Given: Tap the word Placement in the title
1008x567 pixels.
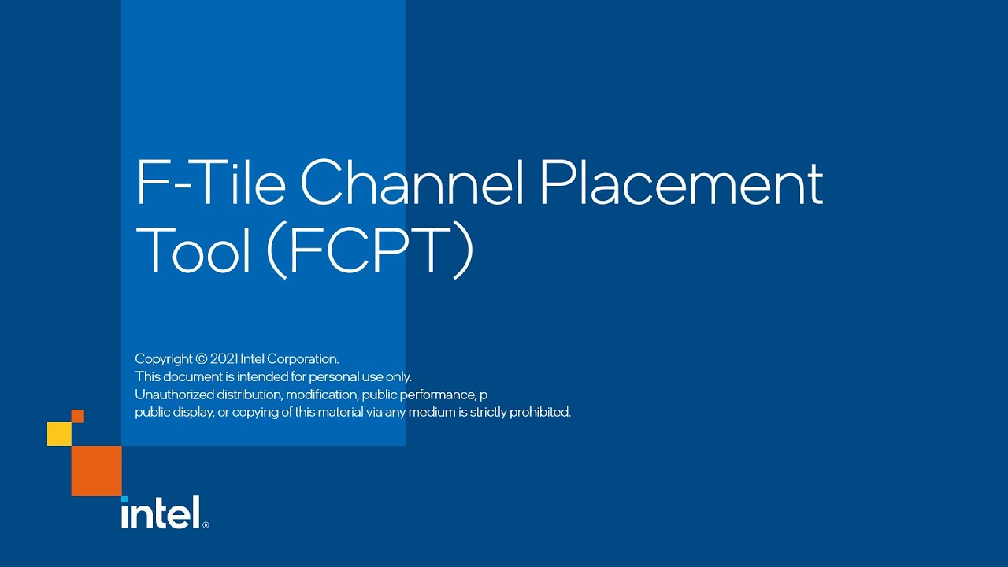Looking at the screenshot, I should click(681, 183).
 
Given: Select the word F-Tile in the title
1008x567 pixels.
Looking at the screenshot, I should click(211, 183).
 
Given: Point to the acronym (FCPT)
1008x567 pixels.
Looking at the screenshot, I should click(370, 250).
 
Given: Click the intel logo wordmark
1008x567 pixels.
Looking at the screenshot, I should click(160, 513).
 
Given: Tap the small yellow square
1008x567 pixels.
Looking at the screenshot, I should click(59, 434).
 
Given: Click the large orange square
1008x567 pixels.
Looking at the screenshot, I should click(96, 471).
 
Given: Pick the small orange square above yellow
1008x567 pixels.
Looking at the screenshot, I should click(78, 416).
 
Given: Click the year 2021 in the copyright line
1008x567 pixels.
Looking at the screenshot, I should click(224, 359).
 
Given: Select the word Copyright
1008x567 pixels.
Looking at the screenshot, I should click(164, 359).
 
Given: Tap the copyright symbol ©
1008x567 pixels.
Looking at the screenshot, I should click(201, 359).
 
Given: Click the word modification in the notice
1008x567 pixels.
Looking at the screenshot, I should click(322, 395).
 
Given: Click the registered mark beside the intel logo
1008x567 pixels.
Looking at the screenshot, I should click(206, 524).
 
